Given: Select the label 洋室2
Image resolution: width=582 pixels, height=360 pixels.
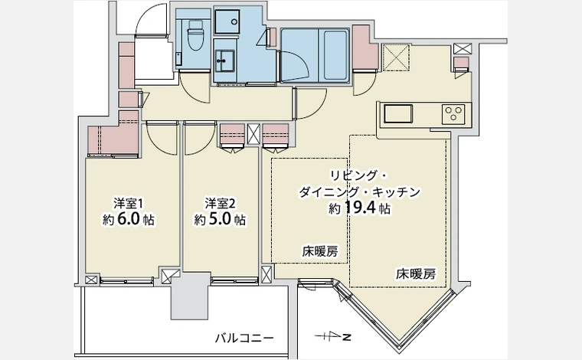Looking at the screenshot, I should coord(220,203).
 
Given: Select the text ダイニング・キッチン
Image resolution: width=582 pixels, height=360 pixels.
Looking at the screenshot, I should coord(360,191).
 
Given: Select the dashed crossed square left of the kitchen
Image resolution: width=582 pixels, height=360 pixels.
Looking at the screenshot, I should coord(397,57).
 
